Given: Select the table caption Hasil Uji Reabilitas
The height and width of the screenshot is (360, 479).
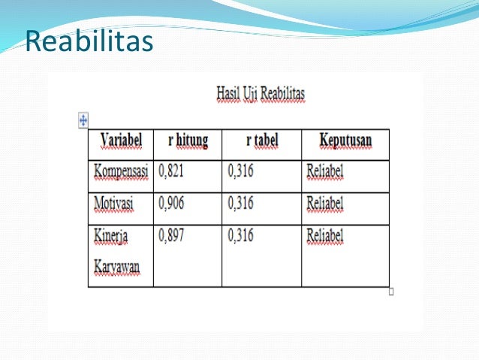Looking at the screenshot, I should pos(261,94).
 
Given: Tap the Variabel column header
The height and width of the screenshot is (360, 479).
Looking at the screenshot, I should pos(120,141).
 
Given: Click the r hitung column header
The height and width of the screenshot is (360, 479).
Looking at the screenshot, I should pos(188,141).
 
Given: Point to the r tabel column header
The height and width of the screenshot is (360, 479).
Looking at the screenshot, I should pos(261,141).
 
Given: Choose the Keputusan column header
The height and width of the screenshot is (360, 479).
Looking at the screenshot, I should pos(345,141).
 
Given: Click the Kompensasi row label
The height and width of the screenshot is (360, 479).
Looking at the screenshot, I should pos(120,172).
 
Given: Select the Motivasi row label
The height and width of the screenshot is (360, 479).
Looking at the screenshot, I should pos(113,204).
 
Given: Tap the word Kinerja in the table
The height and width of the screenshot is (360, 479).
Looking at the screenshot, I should pos(111,236).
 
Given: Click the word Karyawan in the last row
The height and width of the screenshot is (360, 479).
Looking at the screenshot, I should pos(116,268).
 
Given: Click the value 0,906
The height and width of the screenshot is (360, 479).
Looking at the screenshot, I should pos(171,204).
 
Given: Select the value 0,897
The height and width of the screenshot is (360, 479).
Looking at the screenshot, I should pos(171,236).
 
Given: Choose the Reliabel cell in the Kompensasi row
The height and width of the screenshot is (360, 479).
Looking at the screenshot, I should pos(324,172).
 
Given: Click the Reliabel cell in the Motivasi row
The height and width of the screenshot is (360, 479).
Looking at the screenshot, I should pos(324,204).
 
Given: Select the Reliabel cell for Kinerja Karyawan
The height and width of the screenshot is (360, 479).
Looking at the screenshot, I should pos(324,236).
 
